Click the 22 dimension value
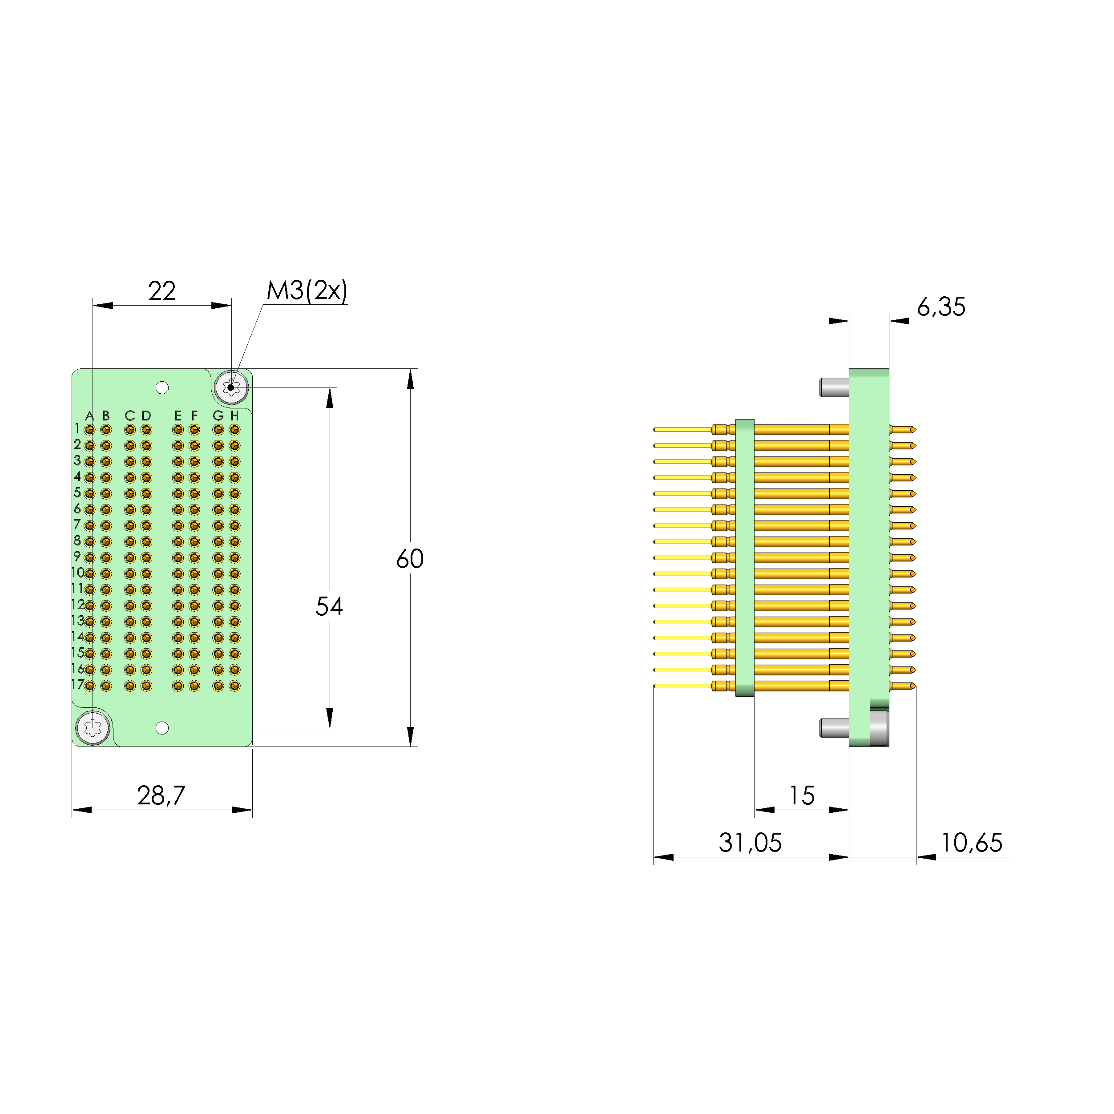click(x=161, y=291)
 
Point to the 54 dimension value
click(x=329, y=606)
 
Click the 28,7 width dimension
click(x=161, y=796)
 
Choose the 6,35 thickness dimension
click(x=940, y=307)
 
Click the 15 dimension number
click(x=802, y=796)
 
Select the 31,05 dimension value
click(x=750, y=843)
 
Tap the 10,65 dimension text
click(x=971, y=843)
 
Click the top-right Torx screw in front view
click(x=231, y=387)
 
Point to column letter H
click(x=234, y=416)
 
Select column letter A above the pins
click(x=89, y=416)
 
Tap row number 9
click(x=77, y=557)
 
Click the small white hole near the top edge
click(x=162, y=387)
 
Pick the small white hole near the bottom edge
click(x=162, y=728)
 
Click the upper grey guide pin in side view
click(x=834, y=387)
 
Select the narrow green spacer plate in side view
click(x=745, y=557)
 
